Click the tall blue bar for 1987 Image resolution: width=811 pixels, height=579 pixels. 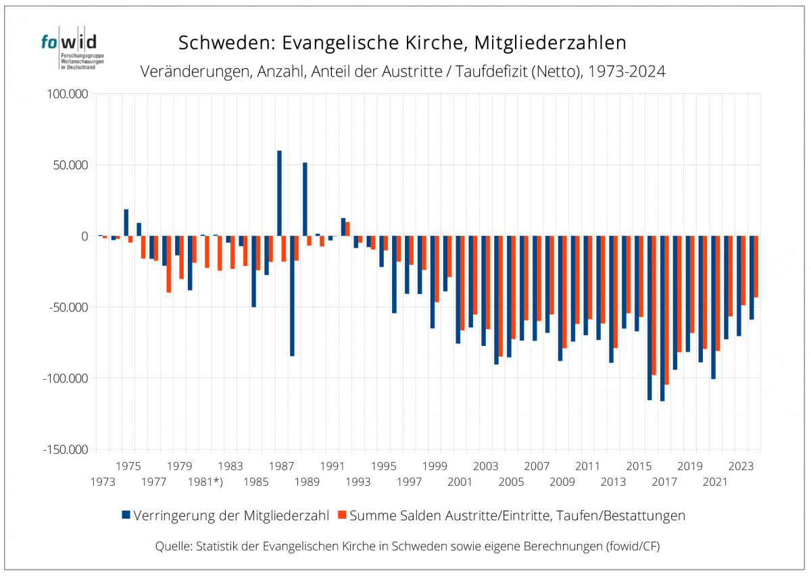[x=279, y=193]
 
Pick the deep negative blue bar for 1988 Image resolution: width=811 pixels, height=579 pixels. [x=292, y=296]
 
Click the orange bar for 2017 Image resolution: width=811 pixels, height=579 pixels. [x=667, y=310]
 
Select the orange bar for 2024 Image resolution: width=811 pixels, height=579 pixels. [x=756, y=267]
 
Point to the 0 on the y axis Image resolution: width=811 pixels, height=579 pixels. [x=84, y=236]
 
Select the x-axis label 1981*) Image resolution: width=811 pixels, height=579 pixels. [x=205, y=482]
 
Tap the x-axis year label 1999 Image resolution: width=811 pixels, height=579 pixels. [x=435, y=466]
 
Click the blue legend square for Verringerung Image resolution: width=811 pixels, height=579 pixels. [x=126, y=515]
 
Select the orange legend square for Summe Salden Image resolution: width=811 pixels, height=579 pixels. [x=342, y=515]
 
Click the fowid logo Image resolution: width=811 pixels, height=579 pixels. [x=69, y=49]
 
